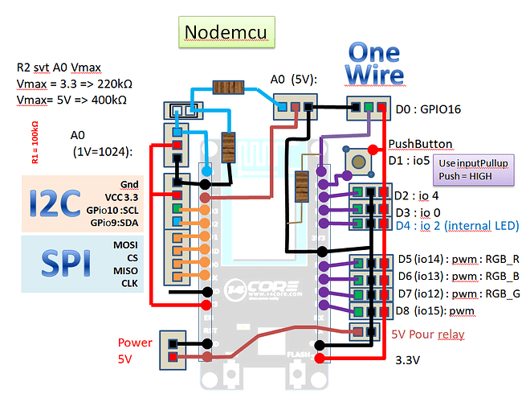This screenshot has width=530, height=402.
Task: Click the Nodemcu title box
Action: tap(224, 32)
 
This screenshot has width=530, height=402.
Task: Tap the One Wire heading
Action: tap(373, 62)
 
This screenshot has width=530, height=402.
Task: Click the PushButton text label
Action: tap(420, 144)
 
